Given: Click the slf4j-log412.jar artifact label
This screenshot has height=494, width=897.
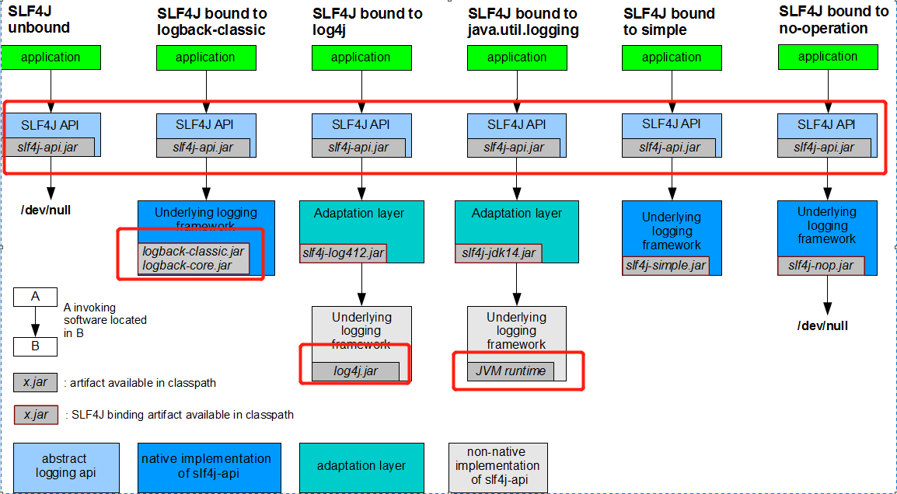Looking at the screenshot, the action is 344,252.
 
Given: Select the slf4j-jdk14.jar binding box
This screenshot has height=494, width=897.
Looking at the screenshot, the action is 498,252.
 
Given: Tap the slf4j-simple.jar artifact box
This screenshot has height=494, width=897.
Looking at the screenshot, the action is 666,266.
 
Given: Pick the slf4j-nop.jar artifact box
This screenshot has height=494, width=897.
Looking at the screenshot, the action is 821,266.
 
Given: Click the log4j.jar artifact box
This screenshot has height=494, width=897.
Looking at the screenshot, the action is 356,371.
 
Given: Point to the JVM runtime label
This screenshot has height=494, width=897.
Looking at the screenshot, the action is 511,371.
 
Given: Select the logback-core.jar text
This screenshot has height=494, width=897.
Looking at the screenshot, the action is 187,266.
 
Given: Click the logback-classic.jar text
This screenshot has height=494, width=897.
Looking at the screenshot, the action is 194,251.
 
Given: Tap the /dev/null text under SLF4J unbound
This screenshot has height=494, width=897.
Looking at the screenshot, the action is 46,210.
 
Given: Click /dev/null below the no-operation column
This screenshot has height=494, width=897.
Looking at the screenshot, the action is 822,326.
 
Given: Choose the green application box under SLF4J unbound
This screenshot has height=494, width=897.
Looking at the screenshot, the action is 51,57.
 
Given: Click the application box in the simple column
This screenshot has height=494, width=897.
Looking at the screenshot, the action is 672,57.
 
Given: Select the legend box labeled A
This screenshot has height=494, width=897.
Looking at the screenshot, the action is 36,297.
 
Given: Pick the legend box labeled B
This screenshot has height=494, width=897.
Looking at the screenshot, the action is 36,346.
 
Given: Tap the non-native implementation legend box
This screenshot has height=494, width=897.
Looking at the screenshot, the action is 497,467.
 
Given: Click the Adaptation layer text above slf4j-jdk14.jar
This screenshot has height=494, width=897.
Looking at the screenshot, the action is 517,214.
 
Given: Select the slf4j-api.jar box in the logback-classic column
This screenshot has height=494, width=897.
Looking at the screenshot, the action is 203,147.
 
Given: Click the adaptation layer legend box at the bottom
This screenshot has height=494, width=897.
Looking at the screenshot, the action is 361,467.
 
